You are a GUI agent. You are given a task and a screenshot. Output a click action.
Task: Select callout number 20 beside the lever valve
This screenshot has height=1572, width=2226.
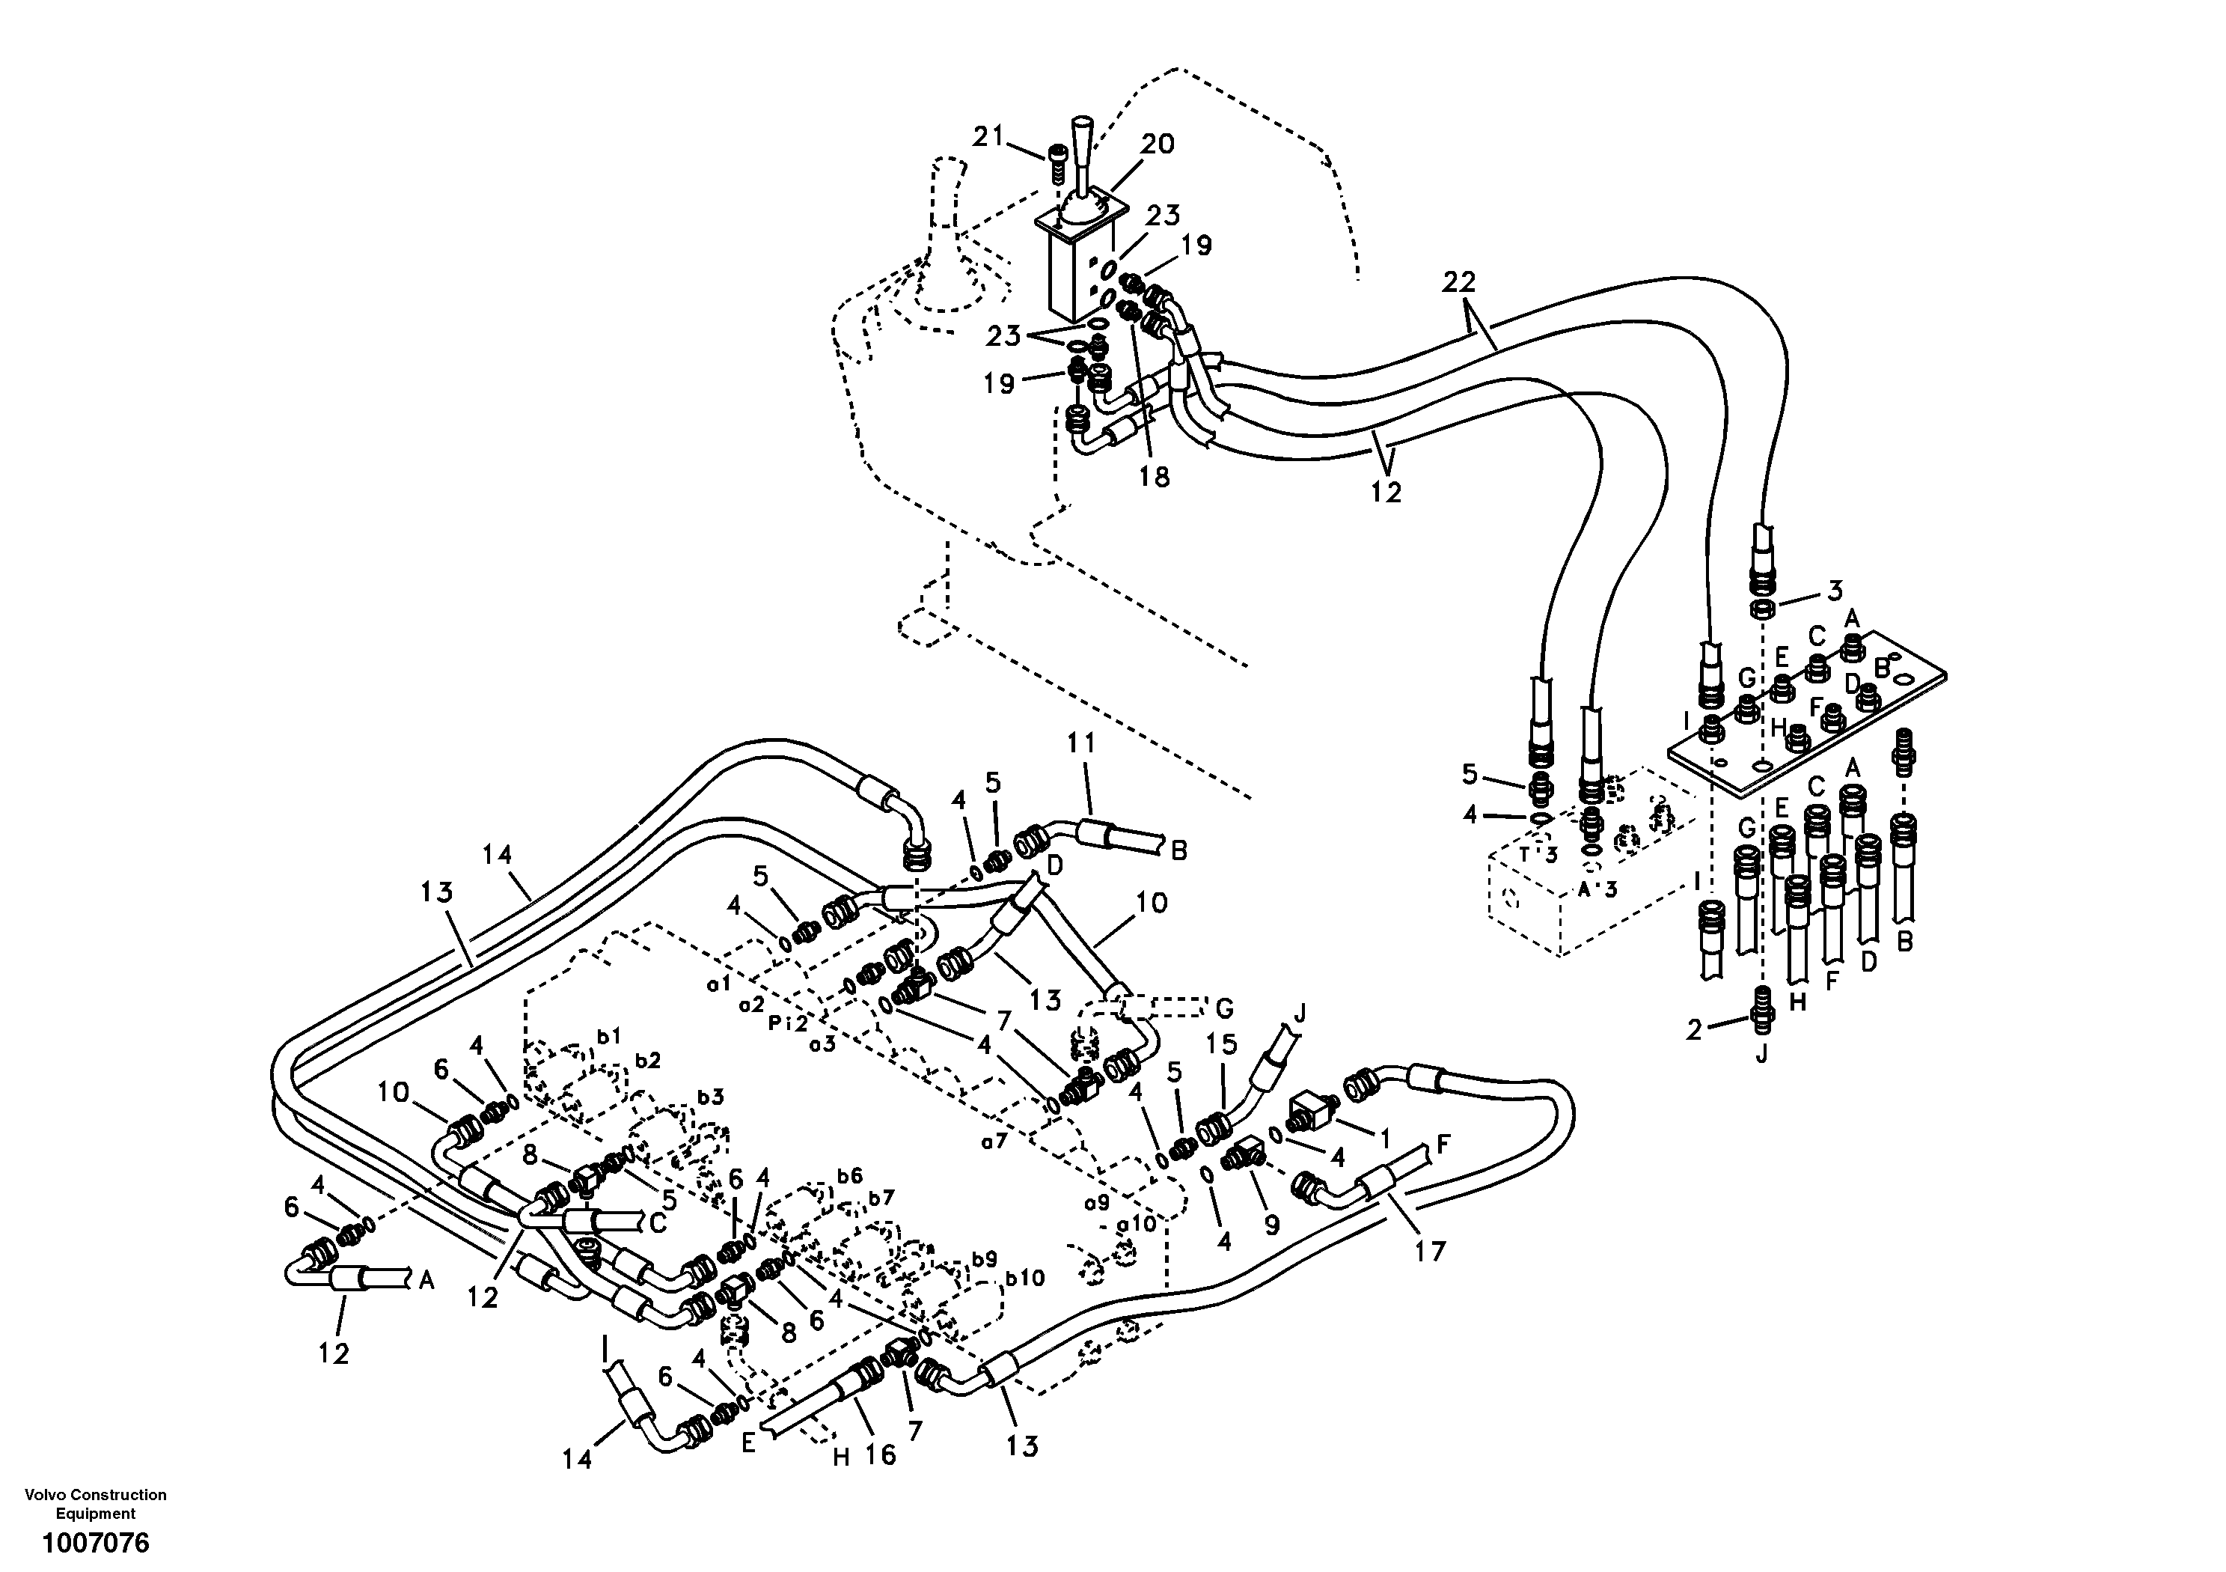tap(1156, 144)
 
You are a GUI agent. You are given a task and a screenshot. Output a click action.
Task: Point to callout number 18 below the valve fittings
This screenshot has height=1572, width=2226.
tap(1155, 476)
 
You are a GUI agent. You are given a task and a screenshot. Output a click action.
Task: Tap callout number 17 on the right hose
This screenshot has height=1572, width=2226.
tap(1429, 1252)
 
